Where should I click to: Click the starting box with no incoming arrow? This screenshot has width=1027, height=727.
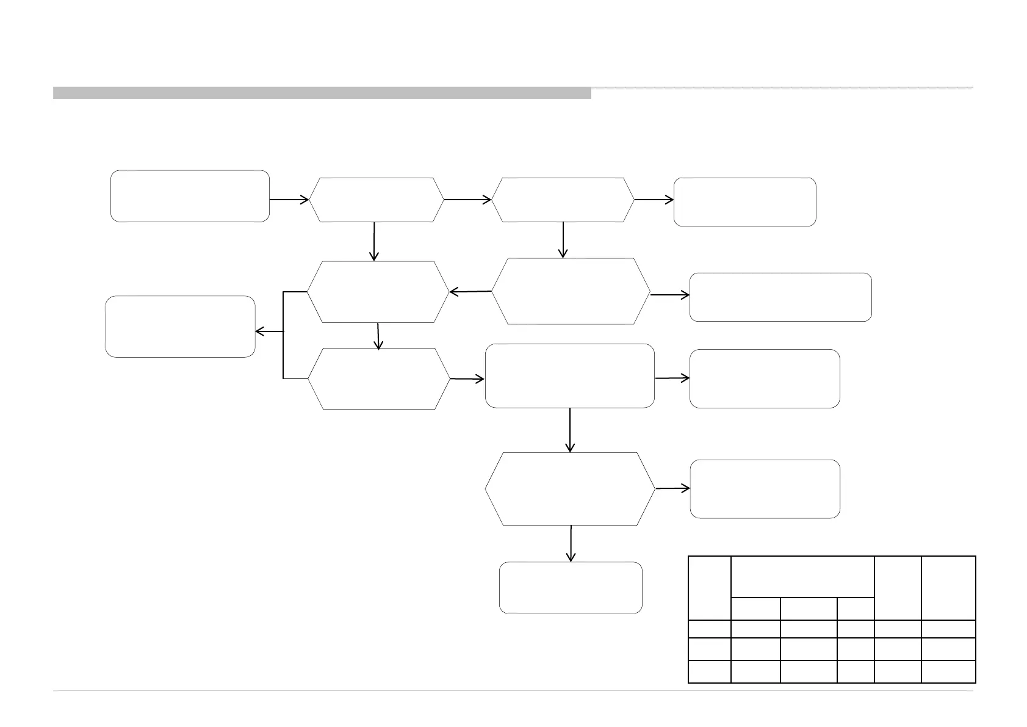(190, 196)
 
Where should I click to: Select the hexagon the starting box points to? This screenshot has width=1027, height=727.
(377, 200)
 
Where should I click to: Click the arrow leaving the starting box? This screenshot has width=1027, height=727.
(289, 200)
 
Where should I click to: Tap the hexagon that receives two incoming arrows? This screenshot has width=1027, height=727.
(378, 292)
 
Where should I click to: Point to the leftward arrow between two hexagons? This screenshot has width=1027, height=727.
(470, 292)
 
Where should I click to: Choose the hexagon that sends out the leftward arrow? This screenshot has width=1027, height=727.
(571, 291)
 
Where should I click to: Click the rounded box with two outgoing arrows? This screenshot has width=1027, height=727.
(569, 375)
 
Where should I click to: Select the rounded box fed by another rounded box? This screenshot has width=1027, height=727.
(764, 378)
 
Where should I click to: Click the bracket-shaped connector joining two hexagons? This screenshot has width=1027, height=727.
(284, 335)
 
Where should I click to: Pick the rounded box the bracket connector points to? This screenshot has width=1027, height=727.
(180, 327)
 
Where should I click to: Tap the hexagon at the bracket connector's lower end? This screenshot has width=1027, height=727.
(378, 378)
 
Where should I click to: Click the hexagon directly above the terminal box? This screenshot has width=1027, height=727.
(571, 488)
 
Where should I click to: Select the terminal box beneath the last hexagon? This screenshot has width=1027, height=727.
(571, 587)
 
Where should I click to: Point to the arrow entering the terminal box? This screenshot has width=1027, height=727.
(571, 543)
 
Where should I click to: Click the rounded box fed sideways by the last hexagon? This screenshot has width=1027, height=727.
(765, 489)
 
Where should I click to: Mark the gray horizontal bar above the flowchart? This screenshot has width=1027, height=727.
(322, 93)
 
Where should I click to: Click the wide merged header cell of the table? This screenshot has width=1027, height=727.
(802, 576)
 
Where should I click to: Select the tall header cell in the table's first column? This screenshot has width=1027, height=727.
(709, 587)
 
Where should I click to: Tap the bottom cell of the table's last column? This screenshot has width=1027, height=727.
(948, 671)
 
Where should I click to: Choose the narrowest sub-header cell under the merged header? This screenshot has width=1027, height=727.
(855, 608)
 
